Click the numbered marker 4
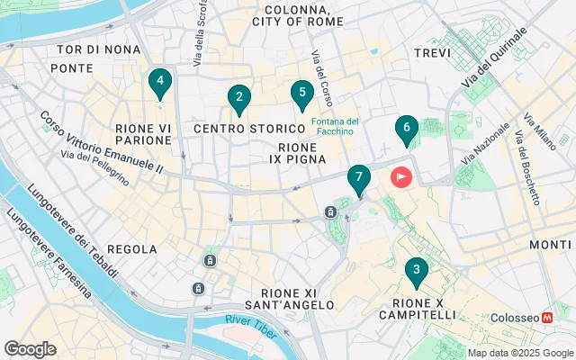point(159,85)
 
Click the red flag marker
point(400,177)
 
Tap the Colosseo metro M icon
point(546,319)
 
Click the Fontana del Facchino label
point(336,127)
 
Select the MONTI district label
point(549,245)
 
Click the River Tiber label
point(251,322)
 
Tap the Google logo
point(30,349)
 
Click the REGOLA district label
point(131,248)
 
